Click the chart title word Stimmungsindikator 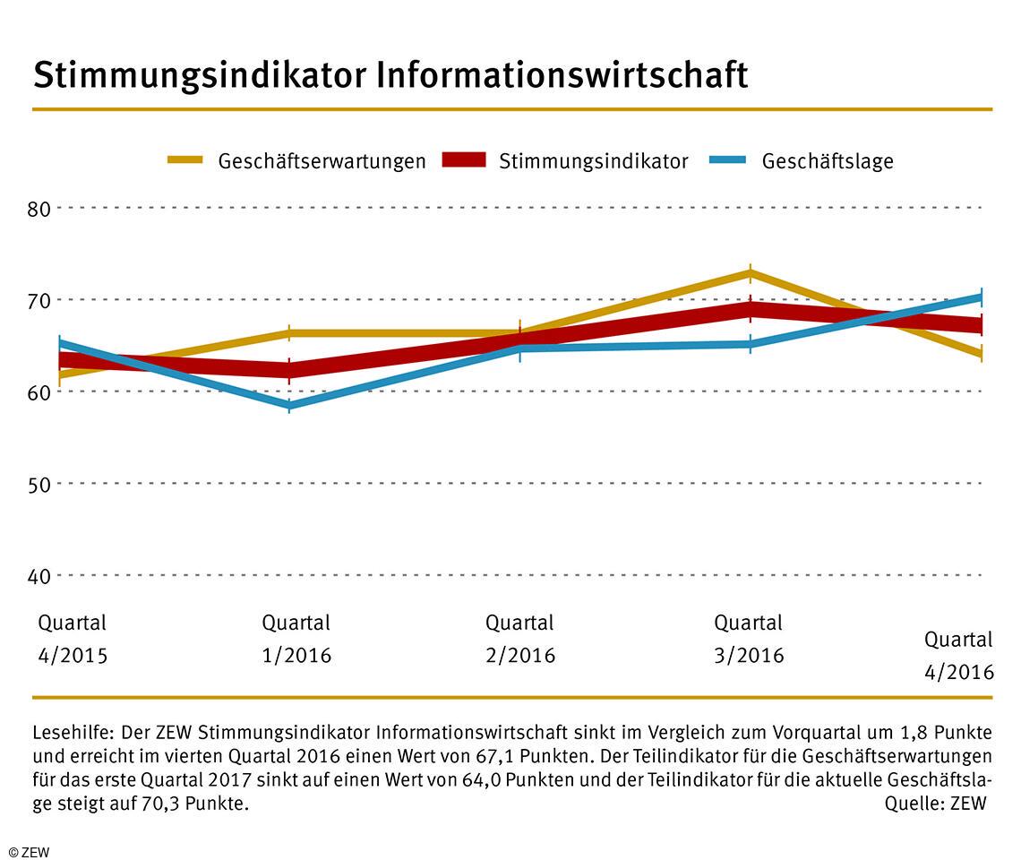click(199, 76)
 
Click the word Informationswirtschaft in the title click(562, 76)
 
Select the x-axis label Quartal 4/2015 click(72, 639)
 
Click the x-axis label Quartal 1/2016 click(296, 639)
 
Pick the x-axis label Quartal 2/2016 click(520, 639)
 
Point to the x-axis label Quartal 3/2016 click(749, 639)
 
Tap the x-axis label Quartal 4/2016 click(958, 656)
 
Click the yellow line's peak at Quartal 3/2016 click(751, 272)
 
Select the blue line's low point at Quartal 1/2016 click(289, 406)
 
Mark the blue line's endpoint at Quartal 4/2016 click(981, 297)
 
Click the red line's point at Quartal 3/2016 click(751, 310)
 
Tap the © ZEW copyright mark click(29, 851)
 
